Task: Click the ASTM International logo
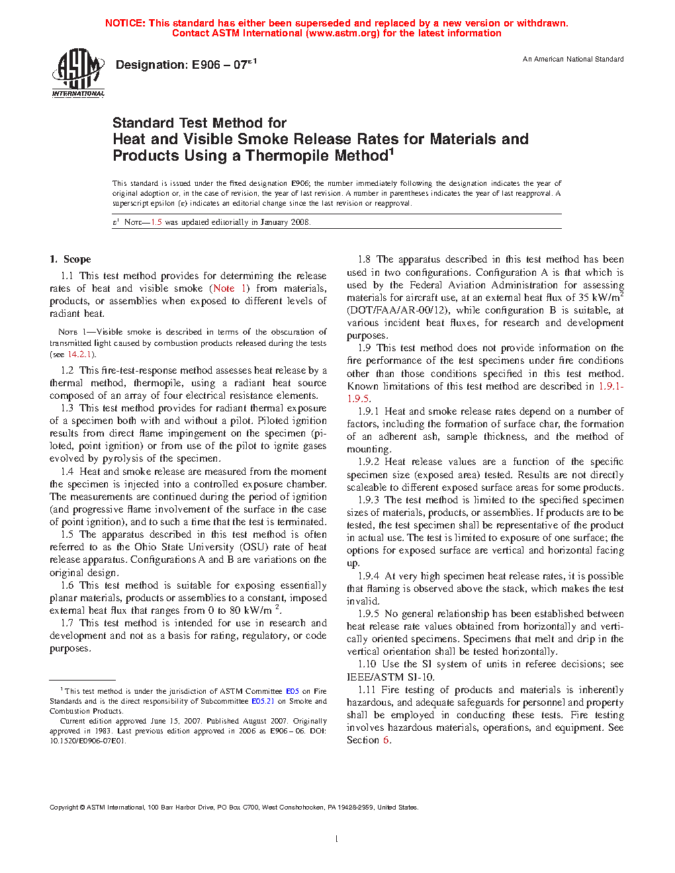pyautogui.click(x=78, y=73)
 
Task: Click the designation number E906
pyautogui.click(x=206, y=65)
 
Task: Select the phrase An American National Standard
pyautogui.click(x=573, y=60)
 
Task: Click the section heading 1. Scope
pyautogui.click(x=70, y=259)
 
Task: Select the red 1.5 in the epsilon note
pyautogui.click(x=156, y=222)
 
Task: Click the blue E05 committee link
pyautogui.click(x=292, y=691)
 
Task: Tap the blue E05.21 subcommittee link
pyautogui.click(x=263, y=701)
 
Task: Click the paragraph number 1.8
pyautogui.click(x=365, y=259)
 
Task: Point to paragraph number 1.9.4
pyautogui.click(x=369, y=576)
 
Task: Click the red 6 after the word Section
pyautogui.click(x=386, y=740)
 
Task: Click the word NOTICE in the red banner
pyautogui.click(x=125, y=23)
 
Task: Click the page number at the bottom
pyautogui.click(x=337, y=839)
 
